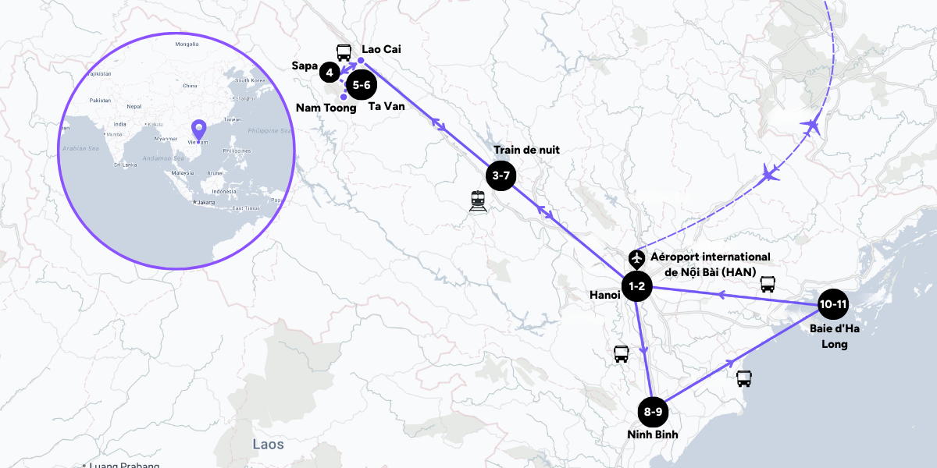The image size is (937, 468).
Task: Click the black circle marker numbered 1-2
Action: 636,286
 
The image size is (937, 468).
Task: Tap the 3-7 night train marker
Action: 501,175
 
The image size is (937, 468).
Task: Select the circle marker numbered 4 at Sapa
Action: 330,73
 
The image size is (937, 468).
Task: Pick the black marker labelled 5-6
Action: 361,84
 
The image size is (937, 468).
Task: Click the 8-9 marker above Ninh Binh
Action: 654,411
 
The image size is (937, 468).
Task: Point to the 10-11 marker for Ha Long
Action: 833,303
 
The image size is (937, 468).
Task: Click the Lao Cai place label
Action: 381,49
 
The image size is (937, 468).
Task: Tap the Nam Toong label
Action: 326,108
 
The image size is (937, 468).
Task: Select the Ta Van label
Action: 387,106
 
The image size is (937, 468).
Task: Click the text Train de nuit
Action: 526,150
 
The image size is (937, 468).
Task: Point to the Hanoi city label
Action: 605,295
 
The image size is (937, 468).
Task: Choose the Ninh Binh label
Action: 652,434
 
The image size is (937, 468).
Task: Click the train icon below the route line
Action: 478,201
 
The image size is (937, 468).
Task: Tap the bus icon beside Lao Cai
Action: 344,51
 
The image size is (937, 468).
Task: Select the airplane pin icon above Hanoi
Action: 637,258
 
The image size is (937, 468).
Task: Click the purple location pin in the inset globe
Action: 198,129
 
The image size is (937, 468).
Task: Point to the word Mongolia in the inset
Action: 187,44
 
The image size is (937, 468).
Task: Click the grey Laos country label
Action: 268,445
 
